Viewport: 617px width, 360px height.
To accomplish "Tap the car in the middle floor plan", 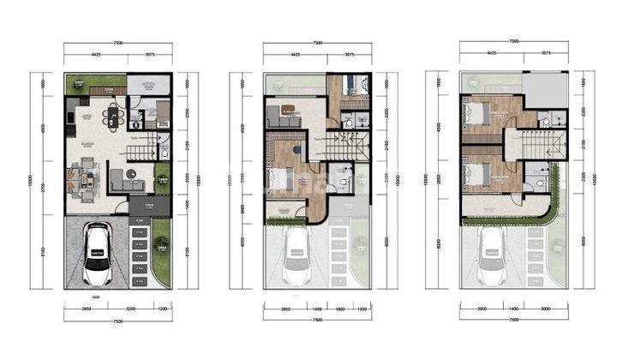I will [x=297, y=254].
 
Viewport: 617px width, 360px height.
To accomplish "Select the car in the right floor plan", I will [x=491, y=254].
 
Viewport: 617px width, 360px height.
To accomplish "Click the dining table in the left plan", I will [x=112, y=116].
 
